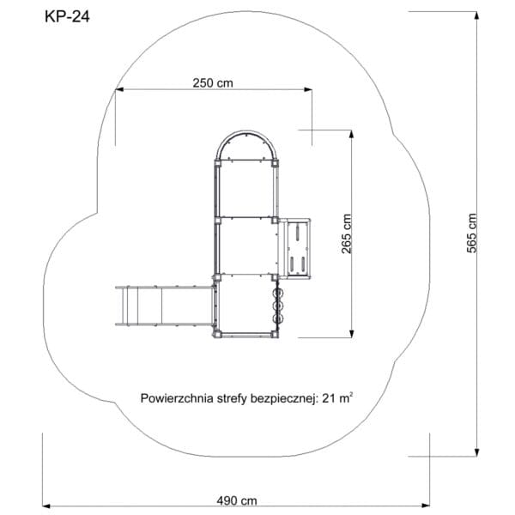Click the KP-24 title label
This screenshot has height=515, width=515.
(67, 17)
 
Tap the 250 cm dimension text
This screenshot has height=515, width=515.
(213, 83)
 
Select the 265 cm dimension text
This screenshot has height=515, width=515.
(347, 233)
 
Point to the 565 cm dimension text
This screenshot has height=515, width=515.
(471, 233)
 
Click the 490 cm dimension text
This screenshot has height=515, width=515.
(237, 501)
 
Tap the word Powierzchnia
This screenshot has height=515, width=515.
(177, 398)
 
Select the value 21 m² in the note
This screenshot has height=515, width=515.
(337, 397)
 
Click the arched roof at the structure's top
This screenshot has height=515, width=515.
(246, 137)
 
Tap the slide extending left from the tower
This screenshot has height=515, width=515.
(165, 306)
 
